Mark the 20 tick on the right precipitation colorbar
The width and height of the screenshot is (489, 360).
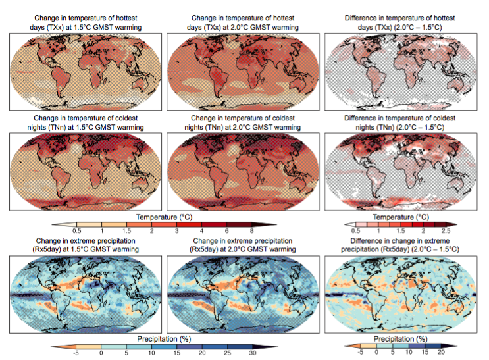pos(459,352)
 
